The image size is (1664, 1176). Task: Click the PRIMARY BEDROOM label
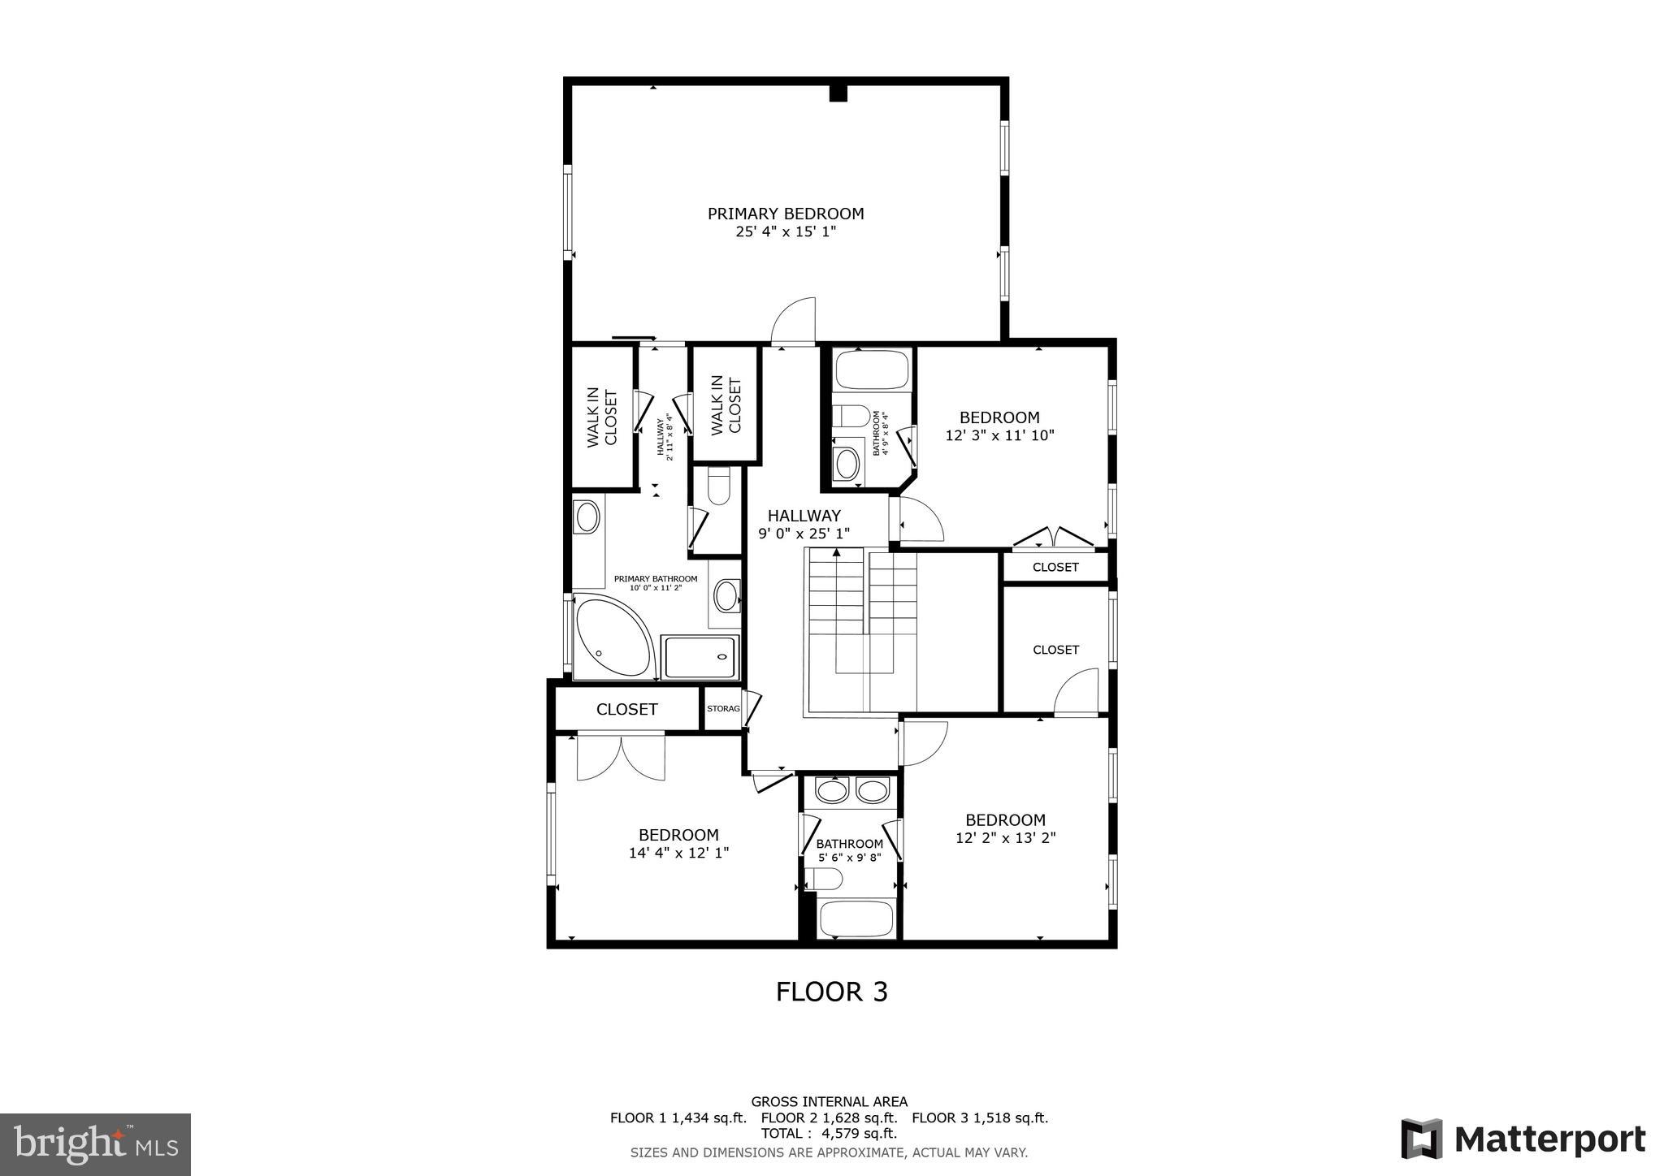pyautogui.click(x=785, y=214)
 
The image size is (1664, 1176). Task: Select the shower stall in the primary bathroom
pyautogui.click(x=700, y=657)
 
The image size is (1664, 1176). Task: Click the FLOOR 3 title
pyautogui.click(x=831, y=992)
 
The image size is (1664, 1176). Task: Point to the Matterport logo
pyautogui.click(x=1523, y=1139)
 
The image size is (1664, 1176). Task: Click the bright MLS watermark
pyautogui.click(x=95, y=1144)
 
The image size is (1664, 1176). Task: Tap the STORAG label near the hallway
pyautogui.click(x=722, y=709)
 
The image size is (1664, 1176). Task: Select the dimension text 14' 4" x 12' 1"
pyautogui.click(x=678, y=853)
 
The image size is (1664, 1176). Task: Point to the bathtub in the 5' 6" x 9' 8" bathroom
pyautogui.click(x=856, y=919)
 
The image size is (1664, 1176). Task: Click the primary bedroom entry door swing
pyautogui.click(x=794, y=322)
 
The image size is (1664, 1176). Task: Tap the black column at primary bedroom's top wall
pyautogui.click(x=838, y=93)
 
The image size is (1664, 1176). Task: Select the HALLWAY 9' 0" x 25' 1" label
pyautogui.click(x=804, y=524)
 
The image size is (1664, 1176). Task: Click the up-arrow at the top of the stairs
pyautogui.click(x=837, y=553)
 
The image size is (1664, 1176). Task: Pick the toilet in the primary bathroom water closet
pyautogui.click(x=720, y=487)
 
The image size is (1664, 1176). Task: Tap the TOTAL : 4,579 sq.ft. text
pyautogui.click(x=829, y=1133)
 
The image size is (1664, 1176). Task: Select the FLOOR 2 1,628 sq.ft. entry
pyautogui.click(x=829, y=1118)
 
